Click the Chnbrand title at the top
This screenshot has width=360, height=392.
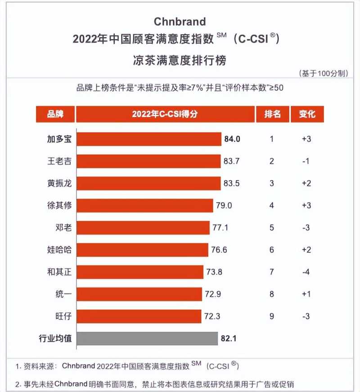pos(180,21)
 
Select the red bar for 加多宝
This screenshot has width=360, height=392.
pos(149,139)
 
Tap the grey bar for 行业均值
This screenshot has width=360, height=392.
pos(147,338)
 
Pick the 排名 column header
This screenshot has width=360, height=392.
pos(271,114)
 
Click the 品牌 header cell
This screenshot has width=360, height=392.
pos(55,114)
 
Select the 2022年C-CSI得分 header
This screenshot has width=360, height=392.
pos(165,114)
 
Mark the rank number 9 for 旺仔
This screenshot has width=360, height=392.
pos(271,316)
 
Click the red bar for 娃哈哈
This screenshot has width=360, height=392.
pos(143,250)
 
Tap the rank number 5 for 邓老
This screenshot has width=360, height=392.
pos(271,227)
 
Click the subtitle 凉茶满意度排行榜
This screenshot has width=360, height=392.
pos(180,59)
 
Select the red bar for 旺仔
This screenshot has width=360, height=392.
pos(139,316)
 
